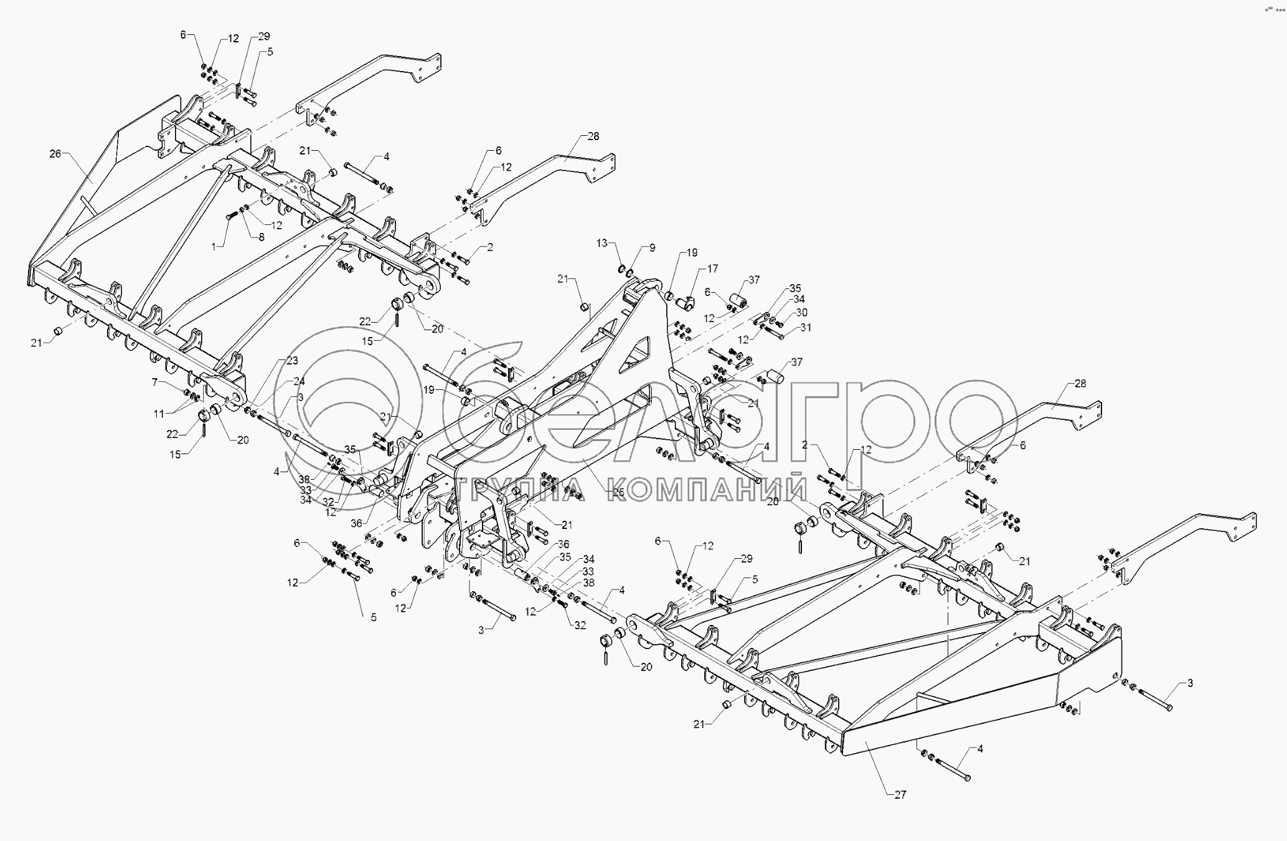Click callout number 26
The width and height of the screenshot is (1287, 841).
click(55, 153)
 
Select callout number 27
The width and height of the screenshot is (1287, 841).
click(900, 794)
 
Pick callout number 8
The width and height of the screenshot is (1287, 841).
click(261, 237)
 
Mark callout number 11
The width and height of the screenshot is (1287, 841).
click(159, 413)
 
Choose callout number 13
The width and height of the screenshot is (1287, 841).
click(601, 243)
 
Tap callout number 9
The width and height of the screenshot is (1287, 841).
click(652, 248)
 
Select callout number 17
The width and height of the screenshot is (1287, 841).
click(712, 268)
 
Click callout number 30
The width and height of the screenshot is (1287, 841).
click(801, 312)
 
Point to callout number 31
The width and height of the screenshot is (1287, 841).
click(806, 328)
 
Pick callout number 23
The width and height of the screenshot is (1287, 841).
click(292, 361)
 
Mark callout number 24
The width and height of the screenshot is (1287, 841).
click(299, 381)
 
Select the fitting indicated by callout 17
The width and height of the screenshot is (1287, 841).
click(686, 303)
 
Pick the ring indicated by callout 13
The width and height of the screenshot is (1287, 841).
click(620, 269)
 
